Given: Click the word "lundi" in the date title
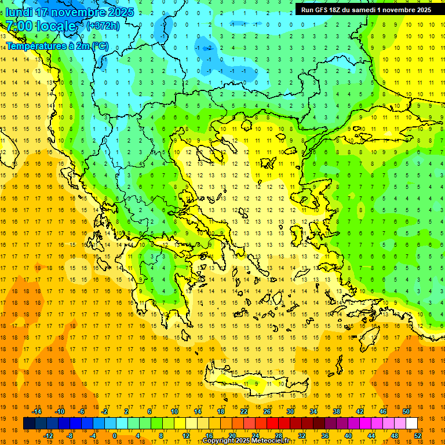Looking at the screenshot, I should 19,12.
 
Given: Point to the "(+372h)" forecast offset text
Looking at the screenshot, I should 103,26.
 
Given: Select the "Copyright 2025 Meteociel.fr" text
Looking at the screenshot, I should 246,441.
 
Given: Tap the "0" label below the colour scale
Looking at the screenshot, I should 114,436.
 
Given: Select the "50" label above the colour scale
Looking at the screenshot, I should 406,411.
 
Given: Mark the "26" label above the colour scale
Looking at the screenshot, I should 267,411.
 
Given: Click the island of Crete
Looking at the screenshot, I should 255,385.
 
